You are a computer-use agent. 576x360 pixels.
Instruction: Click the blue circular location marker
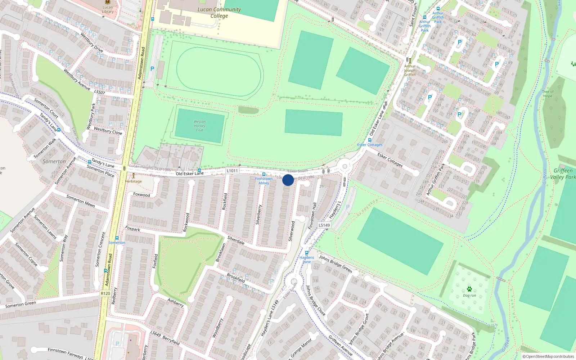[x=288, y=180]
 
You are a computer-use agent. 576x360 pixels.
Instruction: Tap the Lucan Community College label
[x=219, y=12]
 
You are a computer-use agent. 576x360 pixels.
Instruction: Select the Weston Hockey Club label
[x=199, y=126]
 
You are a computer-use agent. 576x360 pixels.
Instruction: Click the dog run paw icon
[x=469, y=289]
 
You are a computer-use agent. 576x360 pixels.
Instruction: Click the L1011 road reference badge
[x=232, y=171]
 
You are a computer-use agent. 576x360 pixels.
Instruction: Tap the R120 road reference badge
[x=105, y=293]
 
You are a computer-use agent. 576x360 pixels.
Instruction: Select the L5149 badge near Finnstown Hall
[x=324, y=225]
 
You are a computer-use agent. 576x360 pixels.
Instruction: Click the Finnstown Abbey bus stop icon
[x=264, y=174]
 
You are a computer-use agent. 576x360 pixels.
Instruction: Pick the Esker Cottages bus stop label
[x=370, y=145]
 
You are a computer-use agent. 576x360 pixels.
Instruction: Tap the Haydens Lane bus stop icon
[x=306, y=253]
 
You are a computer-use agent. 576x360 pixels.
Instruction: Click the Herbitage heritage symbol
[x=133, y=176]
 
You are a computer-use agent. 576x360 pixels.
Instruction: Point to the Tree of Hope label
[x=548, y=94]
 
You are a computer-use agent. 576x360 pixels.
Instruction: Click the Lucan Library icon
[x=107, y=2]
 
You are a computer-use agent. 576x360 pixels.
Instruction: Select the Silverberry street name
[x=258, y=215]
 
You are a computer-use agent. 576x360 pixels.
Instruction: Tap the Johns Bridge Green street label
[x=335, y=264]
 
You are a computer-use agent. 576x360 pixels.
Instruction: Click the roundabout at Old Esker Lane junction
[x=345, y=166]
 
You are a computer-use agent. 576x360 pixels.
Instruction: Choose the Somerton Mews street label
[x=81, y=201]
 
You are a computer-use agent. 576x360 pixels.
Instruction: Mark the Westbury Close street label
[x=108, y=130]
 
